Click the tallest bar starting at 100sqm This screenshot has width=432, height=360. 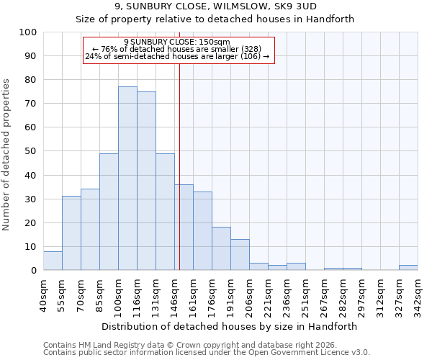click(127, 179)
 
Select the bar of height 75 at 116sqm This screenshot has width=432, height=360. click(146, 181)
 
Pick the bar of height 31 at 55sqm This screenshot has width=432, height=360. click(71, 233)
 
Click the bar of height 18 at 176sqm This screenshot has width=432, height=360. click(221, 248)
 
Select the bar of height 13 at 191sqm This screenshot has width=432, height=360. click(240, 255)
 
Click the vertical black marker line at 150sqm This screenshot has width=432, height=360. click(179, 166)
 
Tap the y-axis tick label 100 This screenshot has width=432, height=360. click(28, 32)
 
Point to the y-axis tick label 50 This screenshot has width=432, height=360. click(31, 151)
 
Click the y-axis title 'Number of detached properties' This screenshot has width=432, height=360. click(7, 155)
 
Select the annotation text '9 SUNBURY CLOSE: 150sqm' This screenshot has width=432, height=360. click(177, 42)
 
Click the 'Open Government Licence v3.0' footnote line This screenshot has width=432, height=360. click(207, 353)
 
